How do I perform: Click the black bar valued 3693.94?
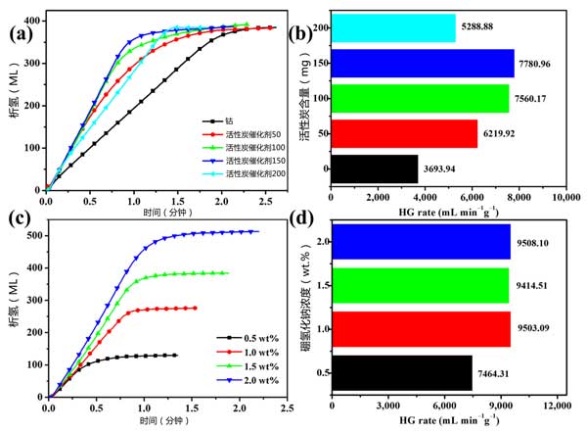click(376, 168)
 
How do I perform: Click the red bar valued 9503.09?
click(421, 331)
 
